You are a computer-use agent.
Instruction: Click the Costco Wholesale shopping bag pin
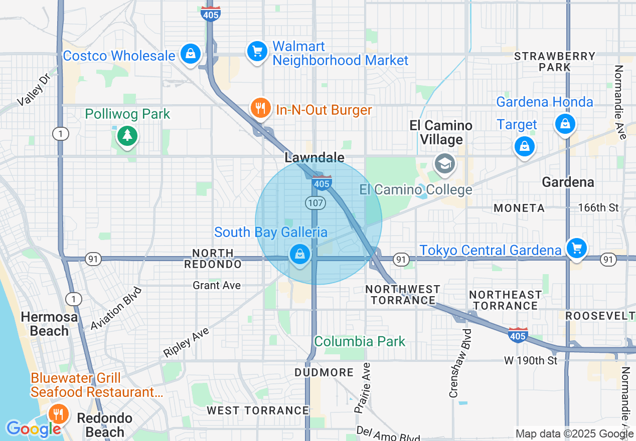[190, 53]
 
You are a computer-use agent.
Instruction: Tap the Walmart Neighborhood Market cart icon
[257, 51]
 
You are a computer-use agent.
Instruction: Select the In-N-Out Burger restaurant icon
[260, 108]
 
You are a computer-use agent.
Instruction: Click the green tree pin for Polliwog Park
[127, 135]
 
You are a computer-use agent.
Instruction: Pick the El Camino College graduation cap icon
[444, 163]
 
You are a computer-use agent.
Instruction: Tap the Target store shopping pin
[524, 146]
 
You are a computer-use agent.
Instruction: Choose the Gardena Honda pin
[565, 123]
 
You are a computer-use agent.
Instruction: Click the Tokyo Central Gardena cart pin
[576, 248]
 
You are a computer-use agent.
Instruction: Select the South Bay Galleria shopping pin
[299, 255]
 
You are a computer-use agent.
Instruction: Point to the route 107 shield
[314, 203]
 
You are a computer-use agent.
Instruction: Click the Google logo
[33, 429]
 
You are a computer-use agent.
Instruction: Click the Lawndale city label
[314, 157]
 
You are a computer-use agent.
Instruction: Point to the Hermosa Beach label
[49, 324]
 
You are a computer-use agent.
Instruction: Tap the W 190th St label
[531, 361]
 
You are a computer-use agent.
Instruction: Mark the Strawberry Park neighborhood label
[555, 61]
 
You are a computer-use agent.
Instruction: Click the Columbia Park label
[359, 342]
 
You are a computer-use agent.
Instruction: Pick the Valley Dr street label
[32, 92]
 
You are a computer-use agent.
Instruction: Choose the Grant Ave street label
[217, 285]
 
